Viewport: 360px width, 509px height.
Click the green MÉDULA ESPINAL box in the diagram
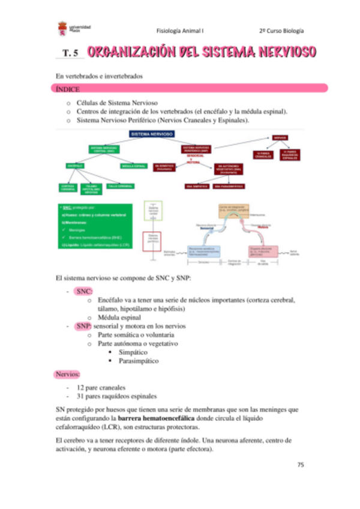click(x=134, y=165)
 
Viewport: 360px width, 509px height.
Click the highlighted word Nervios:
click(x=67, y=375)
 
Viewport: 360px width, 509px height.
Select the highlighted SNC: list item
click(x=83, y=291)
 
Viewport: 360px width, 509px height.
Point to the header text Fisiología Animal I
click(x=180, y=29)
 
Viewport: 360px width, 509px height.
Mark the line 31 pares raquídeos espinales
click(x=113, y=396)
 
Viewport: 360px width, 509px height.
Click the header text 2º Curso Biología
click(x=281, y=29)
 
